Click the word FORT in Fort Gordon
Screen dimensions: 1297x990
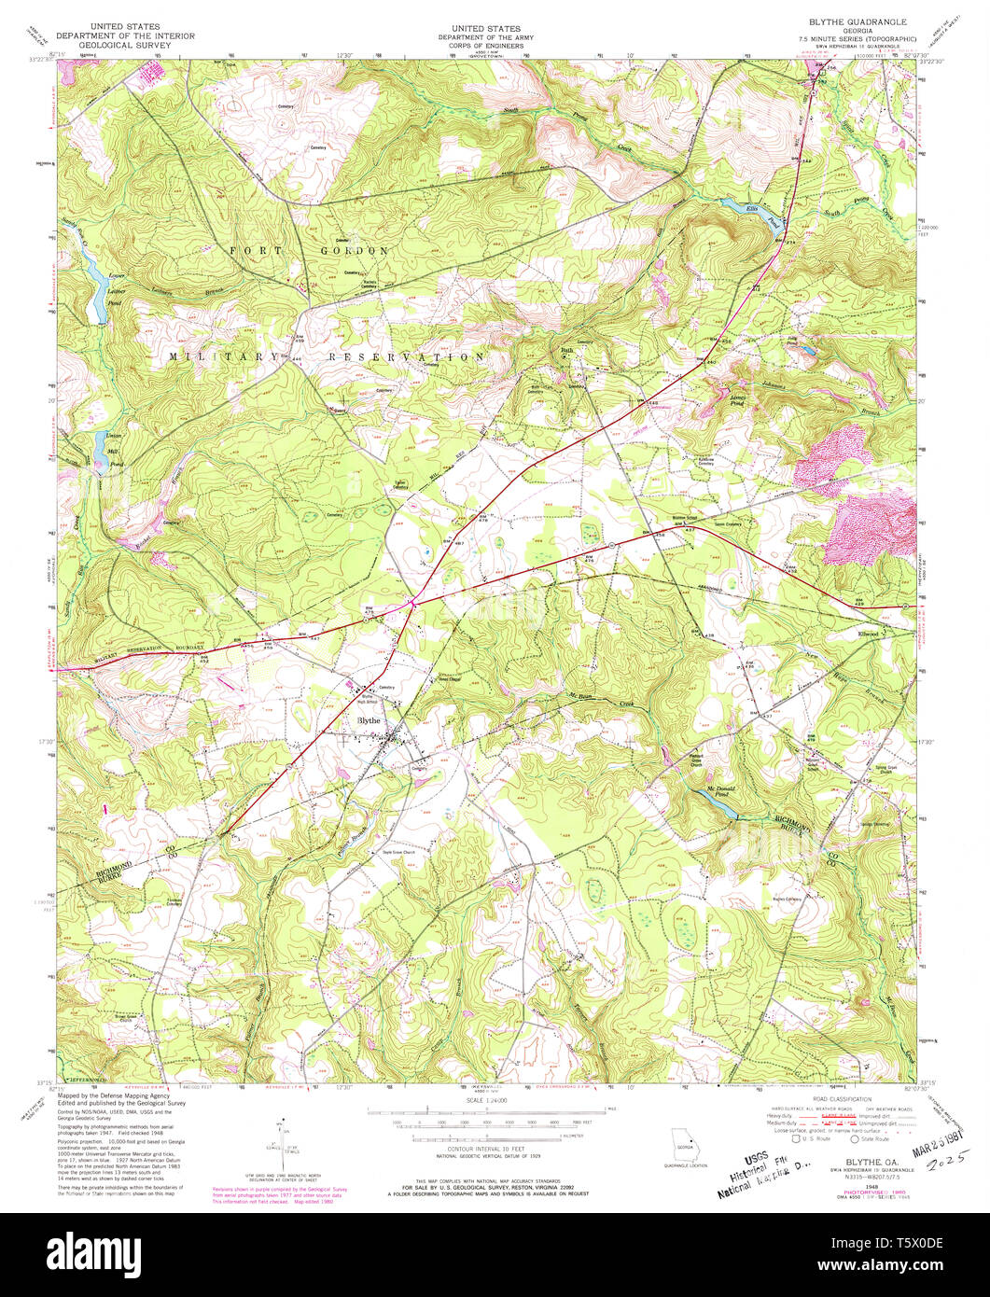click(x=253, y=251)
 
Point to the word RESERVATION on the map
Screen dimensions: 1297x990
click(x=406, y=356)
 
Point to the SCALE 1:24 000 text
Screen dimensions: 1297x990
click(x=481, y=1101)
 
